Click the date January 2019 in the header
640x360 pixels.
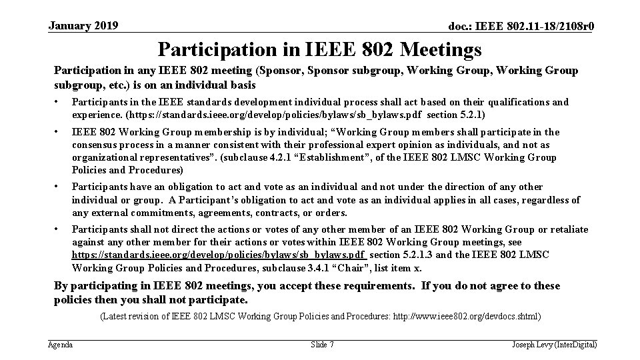(83, 26)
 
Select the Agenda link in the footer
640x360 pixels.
(61, 345)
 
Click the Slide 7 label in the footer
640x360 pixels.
(323, 345)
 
